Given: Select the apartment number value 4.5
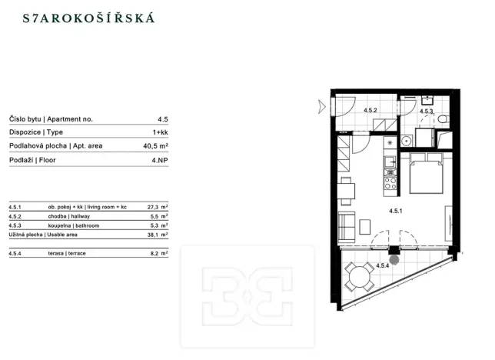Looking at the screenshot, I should tap(162, 119).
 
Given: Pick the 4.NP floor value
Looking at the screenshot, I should tap(159, 159).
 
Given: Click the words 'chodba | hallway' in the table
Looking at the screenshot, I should tap(66, 217).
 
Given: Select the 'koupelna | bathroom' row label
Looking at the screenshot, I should tap(70, 226).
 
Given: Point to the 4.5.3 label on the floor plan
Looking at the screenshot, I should tap(427, 112).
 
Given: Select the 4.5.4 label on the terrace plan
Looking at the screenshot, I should tap(384, 265).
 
